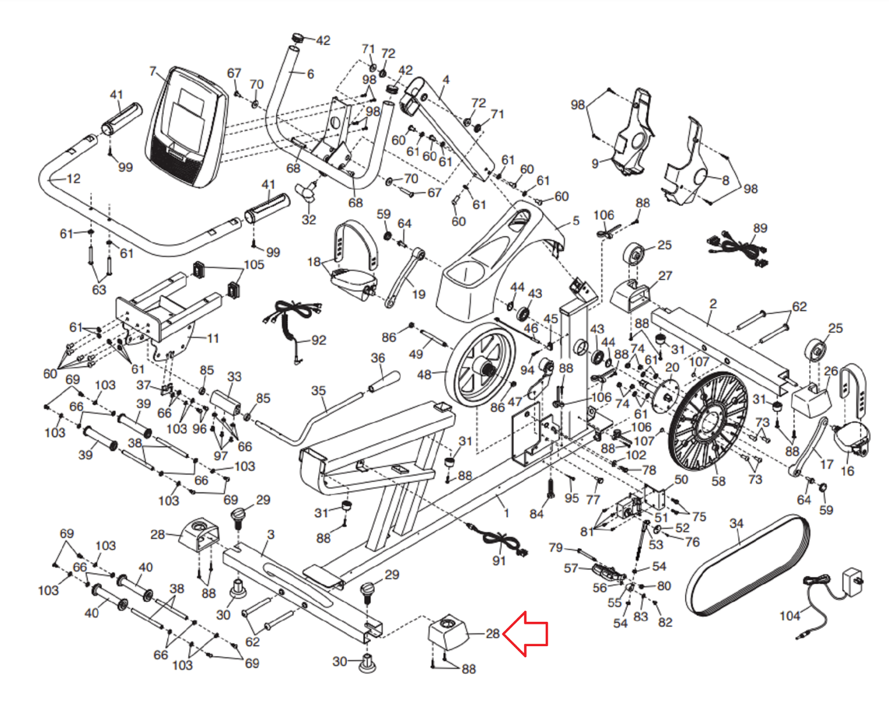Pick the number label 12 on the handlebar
pos(73,179)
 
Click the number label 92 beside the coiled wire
pos(319,340)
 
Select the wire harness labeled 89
pos(736,248)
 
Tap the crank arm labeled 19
pos(404,277)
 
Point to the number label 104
pos(789,616)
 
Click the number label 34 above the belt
pos(736,523)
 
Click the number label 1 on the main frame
pos(506,512)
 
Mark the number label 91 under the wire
pos(499,561)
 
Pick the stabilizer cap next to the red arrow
pos(449,632)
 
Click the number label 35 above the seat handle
pos(318,391)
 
